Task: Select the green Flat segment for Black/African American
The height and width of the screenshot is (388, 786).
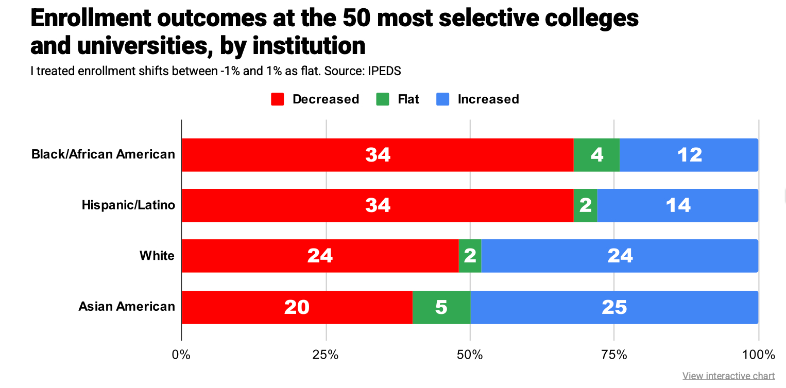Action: pos(596,155)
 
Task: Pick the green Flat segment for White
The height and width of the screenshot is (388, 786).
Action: pos(470,256)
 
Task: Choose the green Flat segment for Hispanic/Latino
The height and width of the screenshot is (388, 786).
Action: pos(585,205)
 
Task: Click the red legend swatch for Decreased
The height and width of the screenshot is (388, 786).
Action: pos(278,99)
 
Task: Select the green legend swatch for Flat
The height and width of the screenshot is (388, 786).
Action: pos(383,99)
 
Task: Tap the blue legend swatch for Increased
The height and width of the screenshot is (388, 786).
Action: pos(443,99)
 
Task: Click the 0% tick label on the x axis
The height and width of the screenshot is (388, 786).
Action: pos(181,355)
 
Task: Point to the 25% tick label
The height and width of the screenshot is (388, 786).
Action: pos(326,355)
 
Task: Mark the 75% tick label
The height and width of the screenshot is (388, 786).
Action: pos(614,355)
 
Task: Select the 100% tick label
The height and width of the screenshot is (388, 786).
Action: pos(759,355)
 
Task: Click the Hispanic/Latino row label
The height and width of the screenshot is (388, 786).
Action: pos(128,205)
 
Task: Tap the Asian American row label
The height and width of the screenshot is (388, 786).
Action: pos(127,307)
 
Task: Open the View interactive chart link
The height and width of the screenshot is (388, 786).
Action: pos(728,376)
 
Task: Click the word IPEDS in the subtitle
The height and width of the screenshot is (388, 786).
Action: pos(384,71)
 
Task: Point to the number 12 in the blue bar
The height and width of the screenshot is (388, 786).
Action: pos(690,155)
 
